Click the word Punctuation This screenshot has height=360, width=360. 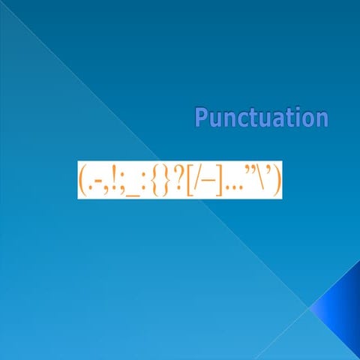261,118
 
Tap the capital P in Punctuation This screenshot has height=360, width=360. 201,118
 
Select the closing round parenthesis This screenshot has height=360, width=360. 277,180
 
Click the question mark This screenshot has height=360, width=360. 178,180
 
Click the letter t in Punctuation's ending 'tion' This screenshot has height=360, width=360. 294,118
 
